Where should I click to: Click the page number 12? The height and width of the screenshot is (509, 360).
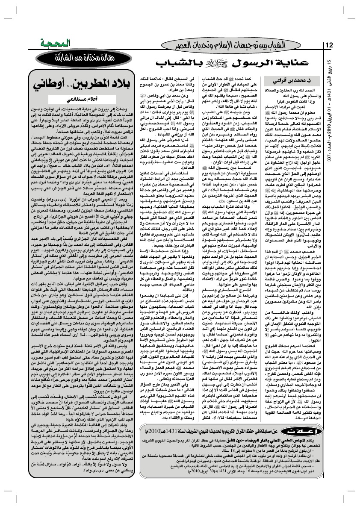pyautogui.click(x=330, y=45)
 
